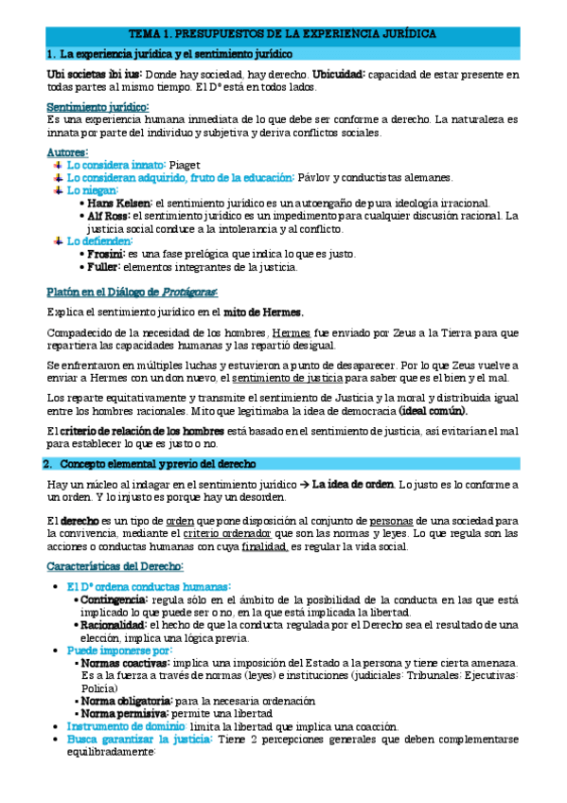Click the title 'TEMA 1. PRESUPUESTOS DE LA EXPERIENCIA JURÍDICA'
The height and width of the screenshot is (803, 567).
[283, 33]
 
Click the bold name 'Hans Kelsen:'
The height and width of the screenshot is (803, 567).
[118, 203]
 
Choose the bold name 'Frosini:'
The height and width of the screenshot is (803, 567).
[105, 254]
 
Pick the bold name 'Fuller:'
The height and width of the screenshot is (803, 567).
[103, 267]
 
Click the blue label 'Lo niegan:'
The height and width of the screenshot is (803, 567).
[94, 189]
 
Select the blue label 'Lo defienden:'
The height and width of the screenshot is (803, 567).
[99, 241]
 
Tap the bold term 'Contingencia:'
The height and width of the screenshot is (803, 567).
[114, 599]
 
